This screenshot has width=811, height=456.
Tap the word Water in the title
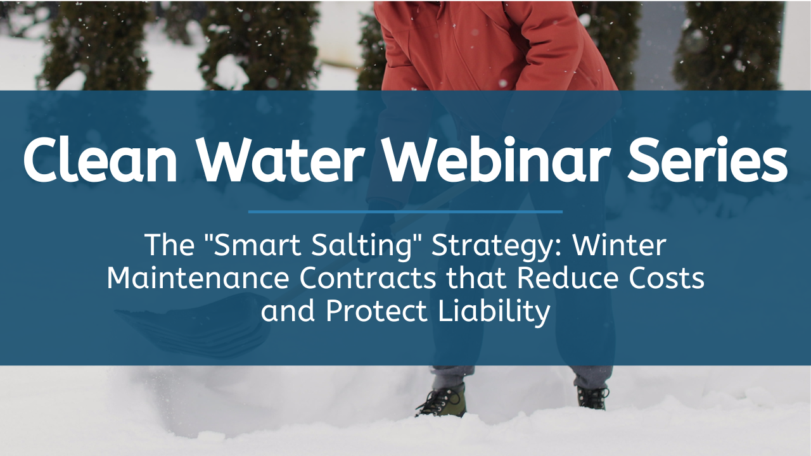[x=281, y=160]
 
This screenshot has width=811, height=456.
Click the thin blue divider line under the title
[x=405, y=212]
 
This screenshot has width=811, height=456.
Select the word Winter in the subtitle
[x=619, y=245]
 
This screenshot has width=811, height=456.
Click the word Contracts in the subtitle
[x=367, y=278]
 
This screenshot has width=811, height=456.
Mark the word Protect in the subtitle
[x=376, y=311]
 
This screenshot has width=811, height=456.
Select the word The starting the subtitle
[x=170, y=245]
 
